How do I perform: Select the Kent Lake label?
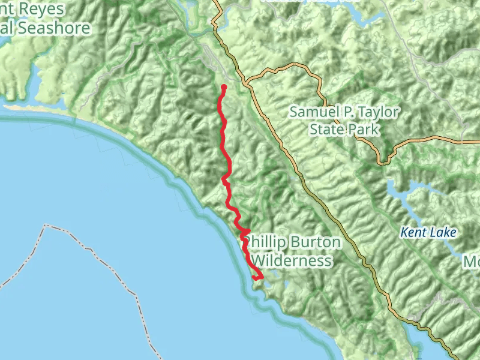pyautogui.click(x=429, y=232)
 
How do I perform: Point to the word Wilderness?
pyautogui.click(x=292, y=260)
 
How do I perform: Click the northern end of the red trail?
pyautogui.click(x=223, y=88)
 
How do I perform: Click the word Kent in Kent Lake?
pyautogui.click(x=413, y=232)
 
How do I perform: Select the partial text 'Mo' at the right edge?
pyautogui.click(x=472, y=262)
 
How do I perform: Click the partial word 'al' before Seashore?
pyautogui.click(x=7, y=28)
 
